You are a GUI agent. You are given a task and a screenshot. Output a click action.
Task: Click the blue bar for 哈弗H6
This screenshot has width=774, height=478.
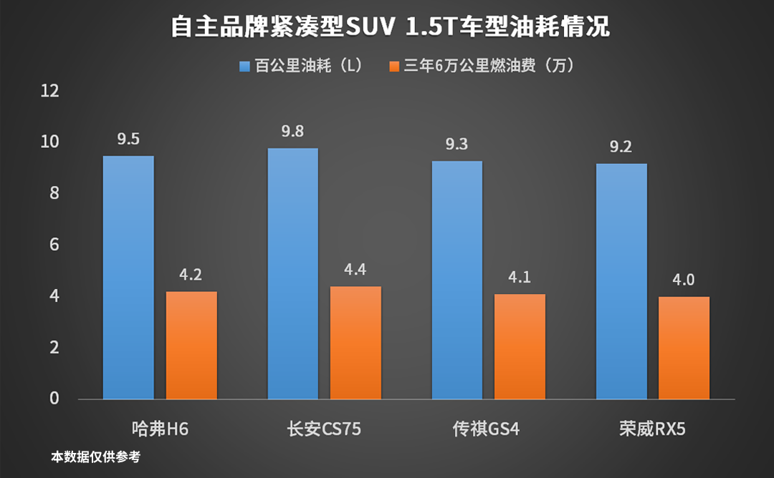(x=128, y=278)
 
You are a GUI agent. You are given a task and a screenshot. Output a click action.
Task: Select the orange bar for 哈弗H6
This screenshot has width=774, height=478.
(x=191, y=345)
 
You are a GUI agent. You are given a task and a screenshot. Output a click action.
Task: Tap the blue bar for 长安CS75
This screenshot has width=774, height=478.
(x=292, y=273)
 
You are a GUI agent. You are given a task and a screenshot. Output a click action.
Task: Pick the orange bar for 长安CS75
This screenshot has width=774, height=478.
(x=355, y=343)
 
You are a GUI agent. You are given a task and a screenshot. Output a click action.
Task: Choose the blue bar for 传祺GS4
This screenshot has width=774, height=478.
(x=457, y=280)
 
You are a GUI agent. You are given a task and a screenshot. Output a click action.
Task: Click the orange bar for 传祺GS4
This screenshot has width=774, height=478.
(x=520, y=346)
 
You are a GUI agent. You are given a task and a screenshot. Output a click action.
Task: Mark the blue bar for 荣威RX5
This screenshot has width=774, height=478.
(x=621, y=281)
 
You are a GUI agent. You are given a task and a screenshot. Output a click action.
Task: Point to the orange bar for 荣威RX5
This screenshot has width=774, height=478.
(x=684, y=348)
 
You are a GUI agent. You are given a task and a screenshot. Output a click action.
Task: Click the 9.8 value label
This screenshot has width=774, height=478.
(x=292, y=132)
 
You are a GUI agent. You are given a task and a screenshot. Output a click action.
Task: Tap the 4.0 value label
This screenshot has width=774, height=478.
(x=684, y=279)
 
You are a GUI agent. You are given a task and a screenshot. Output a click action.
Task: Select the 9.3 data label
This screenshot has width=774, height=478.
(x=457, y=145)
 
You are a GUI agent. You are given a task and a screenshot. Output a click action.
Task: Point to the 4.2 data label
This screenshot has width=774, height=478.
(x=191, y=275)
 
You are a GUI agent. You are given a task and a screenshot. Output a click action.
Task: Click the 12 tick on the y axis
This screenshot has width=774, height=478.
(x=49, y=91)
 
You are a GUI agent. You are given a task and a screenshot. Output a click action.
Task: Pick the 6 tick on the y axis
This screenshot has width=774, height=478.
(x=54, y=245)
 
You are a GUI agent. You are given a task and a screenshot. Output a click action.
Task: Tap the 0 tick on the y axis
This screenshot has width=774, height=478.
(x=54, y=399)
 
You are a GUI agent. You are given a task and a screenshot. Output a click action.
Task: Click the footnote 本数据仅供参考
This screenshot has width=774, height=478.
(x=96, y=457)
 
